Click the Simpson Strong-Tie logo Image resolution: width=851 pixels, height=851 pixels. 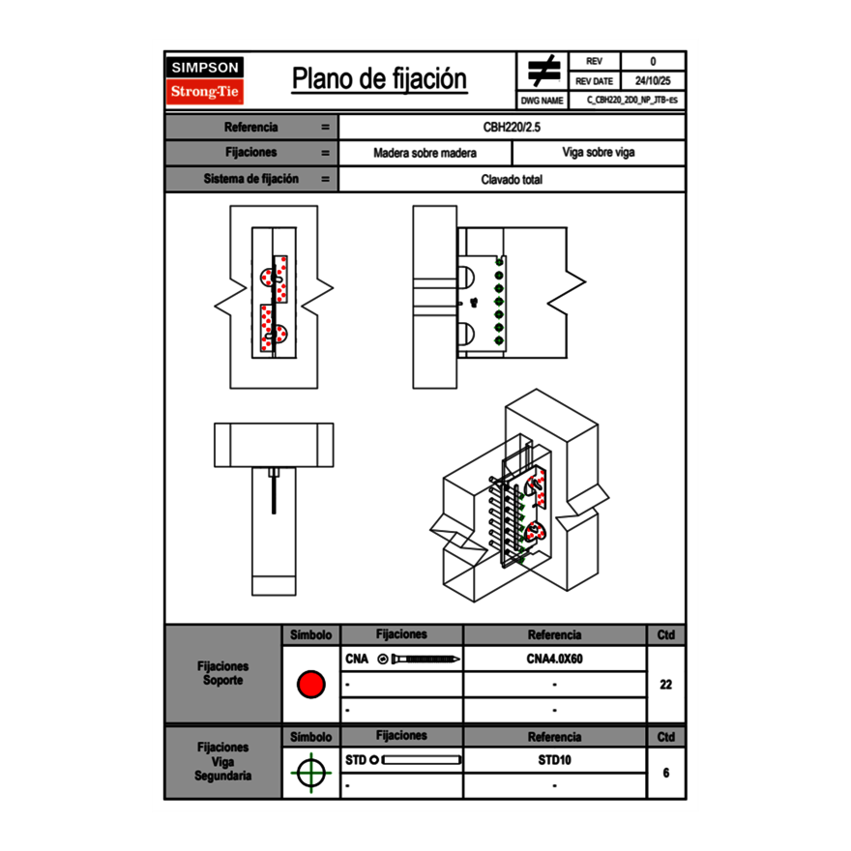(205, 80)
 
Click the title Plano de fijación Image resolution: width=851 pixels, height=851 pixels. (379, 78)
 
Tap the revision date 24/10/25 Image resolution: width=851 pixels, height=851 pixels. (653, 81)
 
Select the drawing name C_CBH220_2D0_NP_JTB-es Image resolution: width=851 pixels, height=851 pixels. (631, 100)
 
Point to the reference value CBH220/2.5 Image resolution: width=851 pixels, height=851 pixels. (512, 127)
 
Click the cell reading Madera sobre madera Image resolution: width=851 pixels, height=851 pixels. (425, 153)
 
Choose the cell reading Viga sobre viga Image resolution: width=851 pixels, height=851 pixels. (598, 153)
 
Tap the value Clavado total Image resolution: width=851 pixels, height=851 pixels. (512, 179)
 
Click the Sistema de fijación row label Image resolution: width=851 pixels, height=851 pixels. (251, 179)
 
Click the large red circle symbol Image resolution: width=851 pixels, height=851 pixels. (310, 685)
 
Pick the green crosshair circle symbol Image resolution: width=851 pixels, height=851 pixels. (310, 774)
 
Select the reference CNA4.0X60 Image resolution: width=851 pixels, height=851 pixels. (554, 660)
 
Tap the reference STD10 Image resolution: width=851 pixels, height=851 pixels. (554, 760)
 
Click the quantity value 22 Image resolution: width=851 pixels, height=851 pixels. (665, 685)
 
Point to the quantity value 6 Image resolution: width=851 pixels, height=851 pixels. (665, 774)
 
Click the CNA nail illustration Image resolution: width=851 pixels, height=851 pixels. (420, 660)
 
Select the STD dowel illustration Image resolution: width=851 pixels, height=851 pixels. (417, 760)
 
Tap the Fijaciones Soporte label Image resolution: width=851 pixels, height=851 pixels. (222, 673)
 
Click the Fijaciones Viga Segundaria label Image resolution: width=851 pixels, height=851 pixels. (222, 761)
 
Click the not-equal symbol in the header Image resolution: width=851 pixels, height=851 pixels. (543, 71)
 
